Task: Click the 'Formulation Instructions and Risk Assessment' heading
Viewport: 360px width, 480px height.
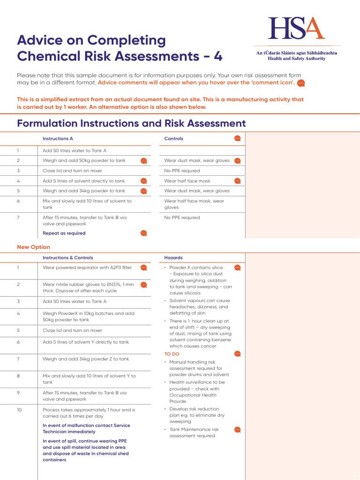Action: (131, 123)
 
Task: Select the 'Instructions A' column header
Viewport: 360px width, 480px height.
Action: (58, 139)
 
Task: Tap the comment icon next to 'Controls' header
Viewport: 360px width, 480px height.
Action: (238, 138)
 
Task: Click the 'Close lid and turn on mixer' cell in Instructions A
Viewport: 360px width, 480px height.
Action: (72, 171)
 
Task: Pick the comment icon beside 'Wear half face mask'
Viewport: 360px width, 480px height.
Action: (238, 181)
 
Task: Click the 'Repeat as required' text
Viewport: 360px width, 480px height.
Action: (64, 233)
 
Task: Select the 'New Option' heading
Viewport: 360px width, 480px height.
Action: (33, 247)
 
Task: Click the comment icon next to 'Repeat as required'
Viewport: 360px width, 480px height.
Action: (144, 233)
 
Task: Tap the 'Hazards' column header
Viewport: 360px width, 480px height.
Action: (173, 258)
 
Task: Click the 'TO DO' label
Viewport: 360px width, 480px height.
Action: (172, 354)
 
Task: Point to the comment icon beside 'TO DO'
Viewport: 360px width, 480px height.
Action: (238, 354)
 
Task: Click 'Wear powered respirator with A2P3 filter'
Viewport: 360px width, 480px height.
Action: (87, 268)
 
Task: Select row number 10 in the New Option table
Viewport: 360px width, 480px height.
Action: (19, 410)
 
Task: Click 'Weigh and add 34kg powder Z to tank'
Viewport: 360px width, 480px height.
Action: (86, 359)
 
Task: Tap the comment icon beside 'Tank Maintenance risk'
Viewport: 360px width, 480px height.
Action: (238, 429)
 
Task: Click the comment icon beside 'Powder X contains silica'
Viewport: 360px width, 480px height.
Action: (238, 268)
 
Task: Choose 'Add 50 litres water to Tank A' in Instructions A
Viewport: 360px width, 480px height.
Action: (75, 150)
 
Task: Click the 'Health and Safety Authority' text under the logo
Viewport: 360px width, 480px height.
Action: (296, 59)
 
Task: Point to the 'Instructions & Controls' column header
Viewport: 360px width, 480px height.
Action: (67, 258)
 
